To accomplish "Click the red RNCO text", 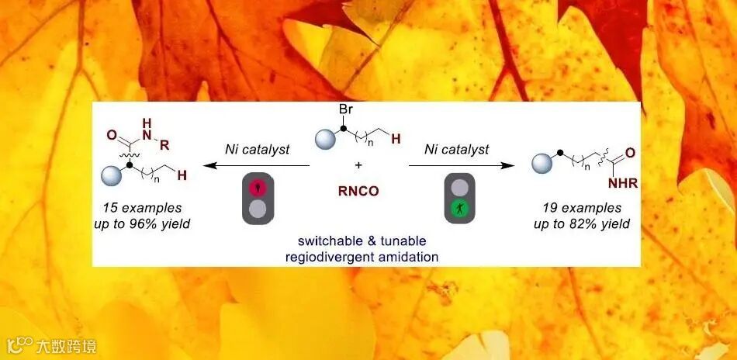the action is coord(358,191).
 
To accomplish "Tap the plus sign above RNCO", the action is coord(358,165).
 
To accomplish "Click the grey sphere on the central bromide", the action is coord(324,141).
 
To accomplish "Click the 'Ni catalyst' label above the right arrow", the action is coord(456,149).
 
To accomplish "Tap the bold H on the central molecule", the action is coord(396,138).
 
